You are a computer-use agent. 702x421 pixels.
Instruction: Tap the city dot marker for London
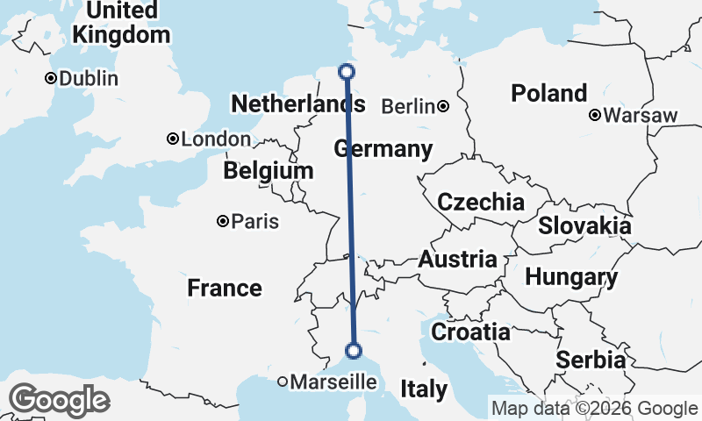coord(174,139)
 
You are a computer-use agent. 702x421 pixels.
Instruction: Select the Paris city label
coord(255,221)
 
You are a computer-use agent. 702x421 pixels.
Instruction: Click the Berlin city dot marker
coord(444,107)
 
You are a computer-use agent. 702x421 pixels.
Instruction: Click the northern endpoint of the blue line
coord(347,72)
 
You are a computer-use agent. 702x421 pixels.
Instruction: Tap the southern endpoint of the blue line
coord(354,351)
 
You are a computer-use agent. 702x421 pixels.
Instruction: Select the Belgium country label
coord(268,170)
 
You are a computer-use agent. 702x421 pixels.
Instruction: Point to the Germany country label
coord(383,149)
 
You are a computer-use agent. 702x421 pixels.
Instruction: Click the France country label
coord(225,288)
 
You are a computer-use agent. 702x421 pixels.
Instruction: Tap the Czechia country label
coord(481,202)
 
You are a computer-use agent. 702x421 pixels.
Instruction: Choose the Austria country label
coord(457,260)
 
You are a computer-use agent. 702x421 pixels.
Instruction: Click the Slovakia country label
coord(584,225)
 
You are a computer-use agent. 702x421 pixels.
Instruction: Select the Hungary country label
coord(571,277)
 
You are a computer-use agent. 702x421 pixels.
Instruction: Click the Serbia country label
coord(591,360)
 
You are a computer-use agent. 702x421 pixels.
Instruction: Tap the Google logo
coord(59,401)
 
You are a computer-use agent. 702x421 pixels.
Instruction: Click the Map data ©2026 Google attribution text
coord(594,408)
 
